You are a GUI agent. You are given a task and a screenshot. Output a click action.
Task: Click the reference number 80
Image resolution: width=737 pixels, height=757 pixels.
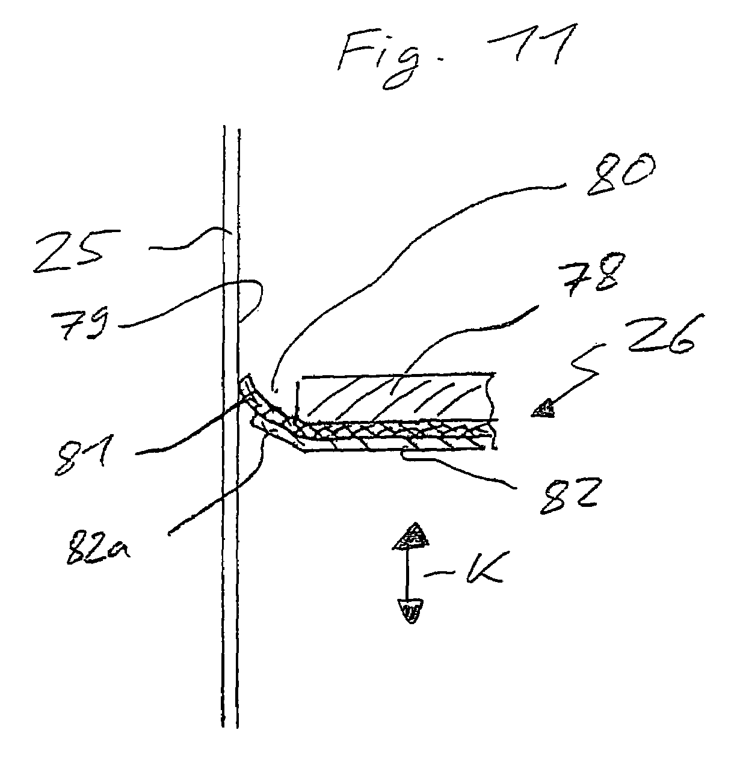point(621,174)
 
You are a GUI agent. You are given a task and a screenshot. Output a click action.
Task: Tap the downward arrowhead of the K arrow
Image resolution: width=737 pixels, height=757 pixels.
point(410,611)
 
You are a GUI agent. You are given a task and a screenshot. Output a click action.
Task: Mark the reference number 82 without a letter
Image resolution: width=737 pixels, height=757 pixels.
point(568,495)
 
